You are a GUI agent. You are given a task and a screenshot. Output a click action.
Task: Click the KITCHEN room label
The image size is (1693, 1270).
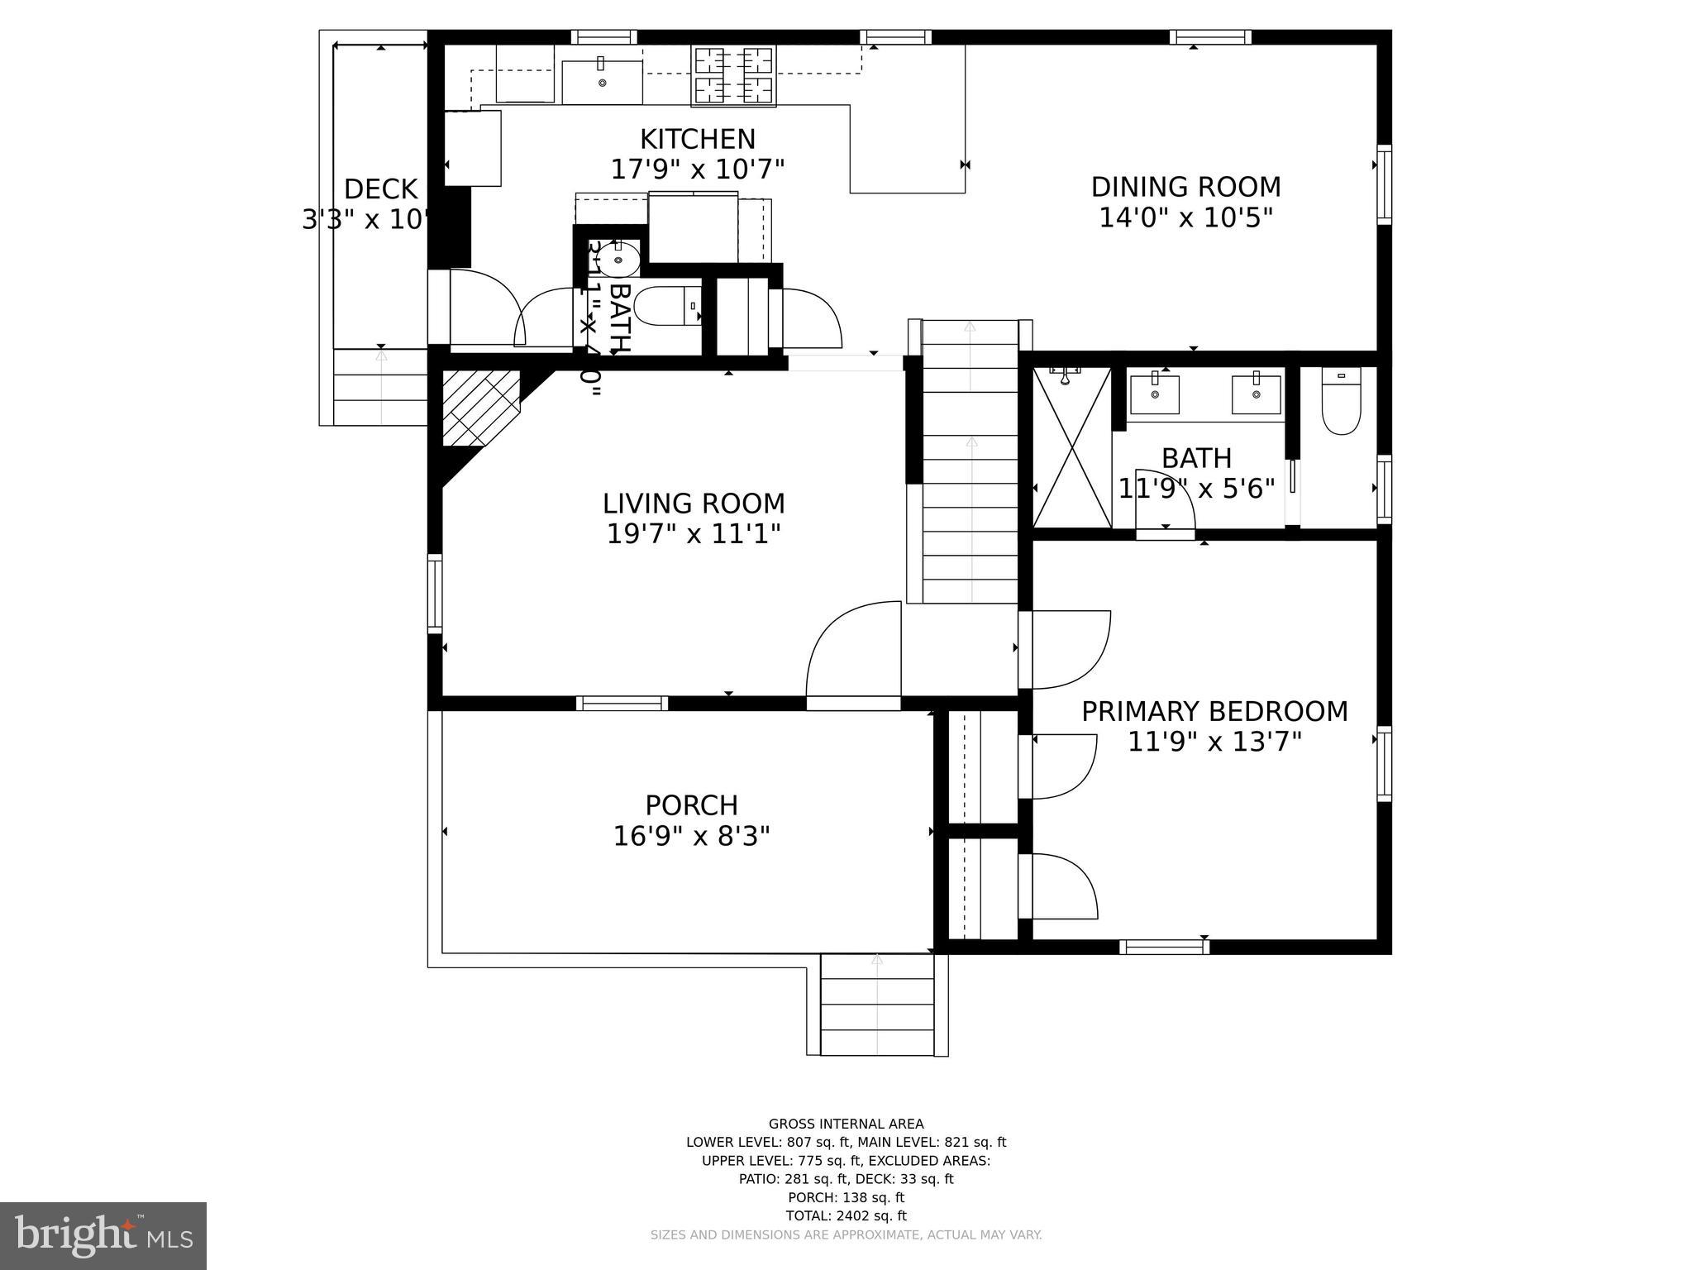pos(697,139)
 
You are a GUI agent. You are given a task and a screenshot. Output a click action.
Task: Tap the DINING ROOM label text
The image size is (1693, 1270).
pos(1185,187)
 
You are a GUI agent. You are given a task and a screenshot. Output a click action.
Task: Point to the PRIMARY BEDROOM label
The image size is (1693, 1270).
pos(1214,711)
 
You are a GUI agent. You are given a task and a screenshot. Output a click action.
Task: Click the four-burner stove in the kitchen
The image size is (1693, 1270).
pos(734,75)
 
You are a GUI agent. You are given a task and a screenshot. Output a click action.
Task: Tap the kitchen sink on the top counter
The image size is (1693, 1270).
pos(602,81)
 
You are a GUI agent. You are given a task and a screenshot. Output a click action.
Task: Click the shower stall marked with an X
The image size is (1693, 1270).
pos(1072,447)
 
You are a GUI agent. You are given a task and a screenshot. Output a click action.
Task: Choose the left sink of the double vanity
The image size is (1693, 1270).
pos(1154,394)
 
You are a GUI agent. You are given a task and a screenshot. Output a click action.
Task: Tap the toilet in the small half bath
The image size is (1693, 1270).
pos(668,306)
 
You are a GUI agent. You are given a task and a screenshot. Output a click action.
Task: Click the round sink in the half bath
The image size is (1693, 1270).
pos(618,260)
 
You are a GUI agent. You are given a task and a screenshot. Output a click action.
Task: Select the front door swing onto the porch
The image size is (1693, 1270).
pos(852,653)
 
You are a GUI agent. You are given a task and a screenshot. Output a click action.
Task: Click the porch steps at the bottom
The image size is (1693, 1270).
pos(877,1005)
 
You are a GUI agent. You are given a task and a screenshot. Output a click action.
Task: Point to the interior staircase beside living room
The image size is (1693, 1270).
pos(970,463)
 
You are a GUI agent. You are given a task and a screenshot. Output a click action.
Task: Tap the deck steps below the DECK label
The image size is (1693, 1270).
pos(380,386)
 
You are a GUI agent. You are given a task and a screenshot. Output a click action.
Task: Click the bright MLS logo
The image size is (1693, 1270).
pos(103,1236)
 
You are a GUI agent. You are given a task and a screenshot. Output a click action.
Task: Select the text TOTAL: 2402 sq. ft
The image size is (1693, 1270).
pos(846,1215)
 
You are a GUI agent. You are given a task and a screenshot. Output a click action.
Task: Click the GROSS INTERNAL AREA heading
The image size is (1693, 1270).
pos(846,1124)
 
